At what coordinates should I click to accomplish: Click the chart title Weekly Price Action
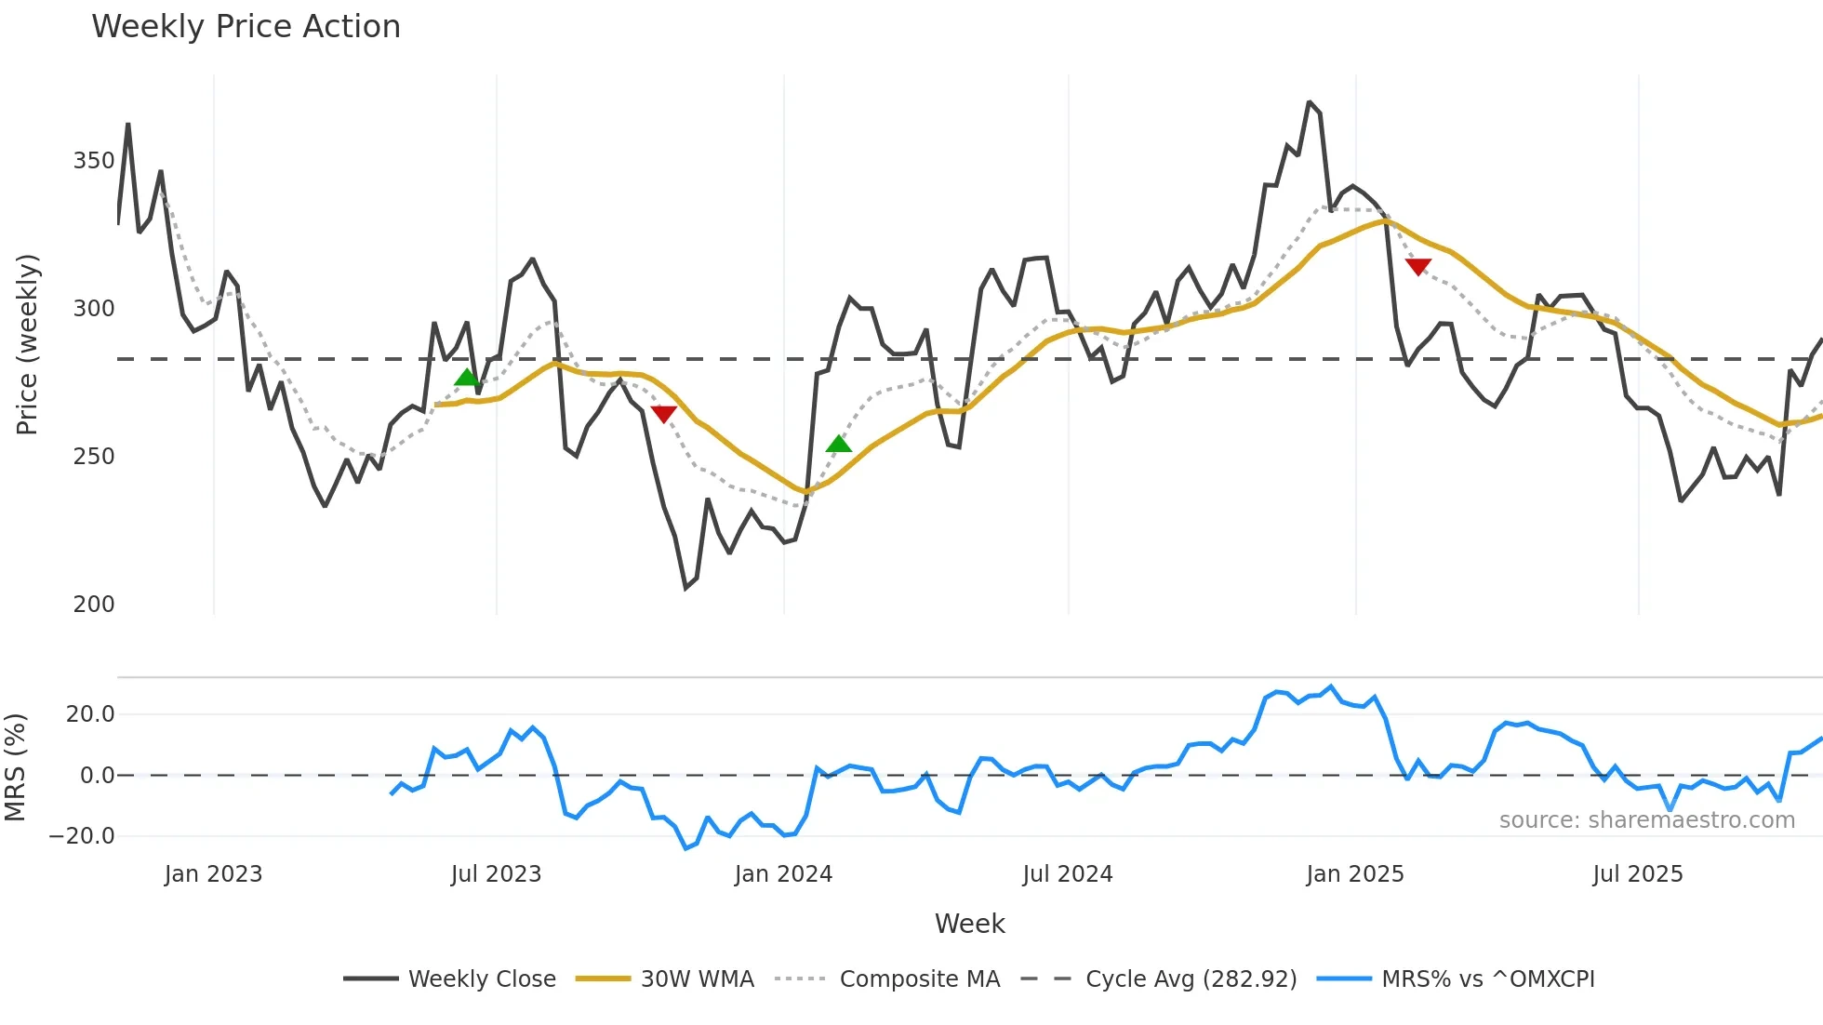tap(246, 27)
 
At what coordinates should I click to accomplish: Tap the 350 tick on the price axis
tap(94, 161)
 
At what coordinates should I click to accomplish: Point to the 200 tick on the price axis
tap(94, 605)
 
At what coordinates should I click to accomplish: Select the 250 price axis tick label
tap(94, 457)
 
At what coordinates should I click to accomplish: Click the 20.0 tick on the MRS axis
tap(90, 714)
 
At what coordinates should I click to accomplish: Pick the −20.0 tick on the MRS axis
tap(82, 836)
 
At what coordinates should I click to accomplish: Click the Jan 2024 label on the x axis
tap(783, 874)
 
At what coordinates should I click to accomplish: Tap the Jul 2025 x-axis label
tap(1638, 874)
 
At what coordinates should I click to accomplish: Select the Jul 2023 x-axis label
tap(496, 874)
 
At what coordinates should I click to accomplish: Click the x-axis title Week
tap(969, 924)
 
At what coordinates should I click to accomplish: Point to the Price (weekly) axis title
tap(27, 344)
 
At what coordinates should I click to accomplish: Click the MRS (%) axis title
tap(15, 767)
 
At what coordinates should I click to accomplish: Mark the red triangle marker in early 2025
tap(1417, 267)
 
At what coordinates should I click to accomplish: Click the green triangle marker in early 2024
tap(839, 445)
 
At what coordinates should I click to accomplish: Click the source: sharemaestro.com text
tap(1646, 820)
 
